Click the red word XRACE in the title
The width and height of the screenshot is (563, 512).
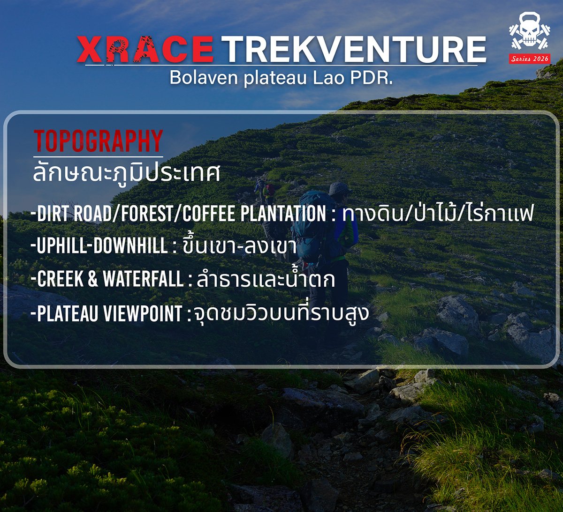(x=145, y=49)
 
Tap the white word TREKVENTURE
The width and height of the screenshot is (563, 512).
(x=354, y=49)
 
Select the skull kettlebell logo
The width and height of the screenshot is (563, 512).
(x=530, y=32)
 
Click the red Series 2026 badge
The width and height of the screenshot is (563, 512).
(x=530, y=59)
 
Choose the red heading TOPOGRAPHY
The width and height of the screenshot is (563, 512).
(x=98, y=141)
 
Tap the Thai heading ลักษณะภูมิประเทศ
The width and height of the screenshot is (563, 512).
(x=126, y=173)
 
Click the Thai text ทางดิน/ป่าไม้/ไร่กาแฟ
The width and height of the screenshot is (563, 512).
(x=438, y=214)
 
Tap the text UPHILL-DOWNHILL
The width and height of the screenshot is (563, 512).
(x=102, y=246)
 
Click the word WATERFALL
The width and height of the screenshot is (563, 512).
(x=143, y=279)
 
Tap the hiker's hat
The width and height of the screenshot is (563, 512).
(x=339, y=189)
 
